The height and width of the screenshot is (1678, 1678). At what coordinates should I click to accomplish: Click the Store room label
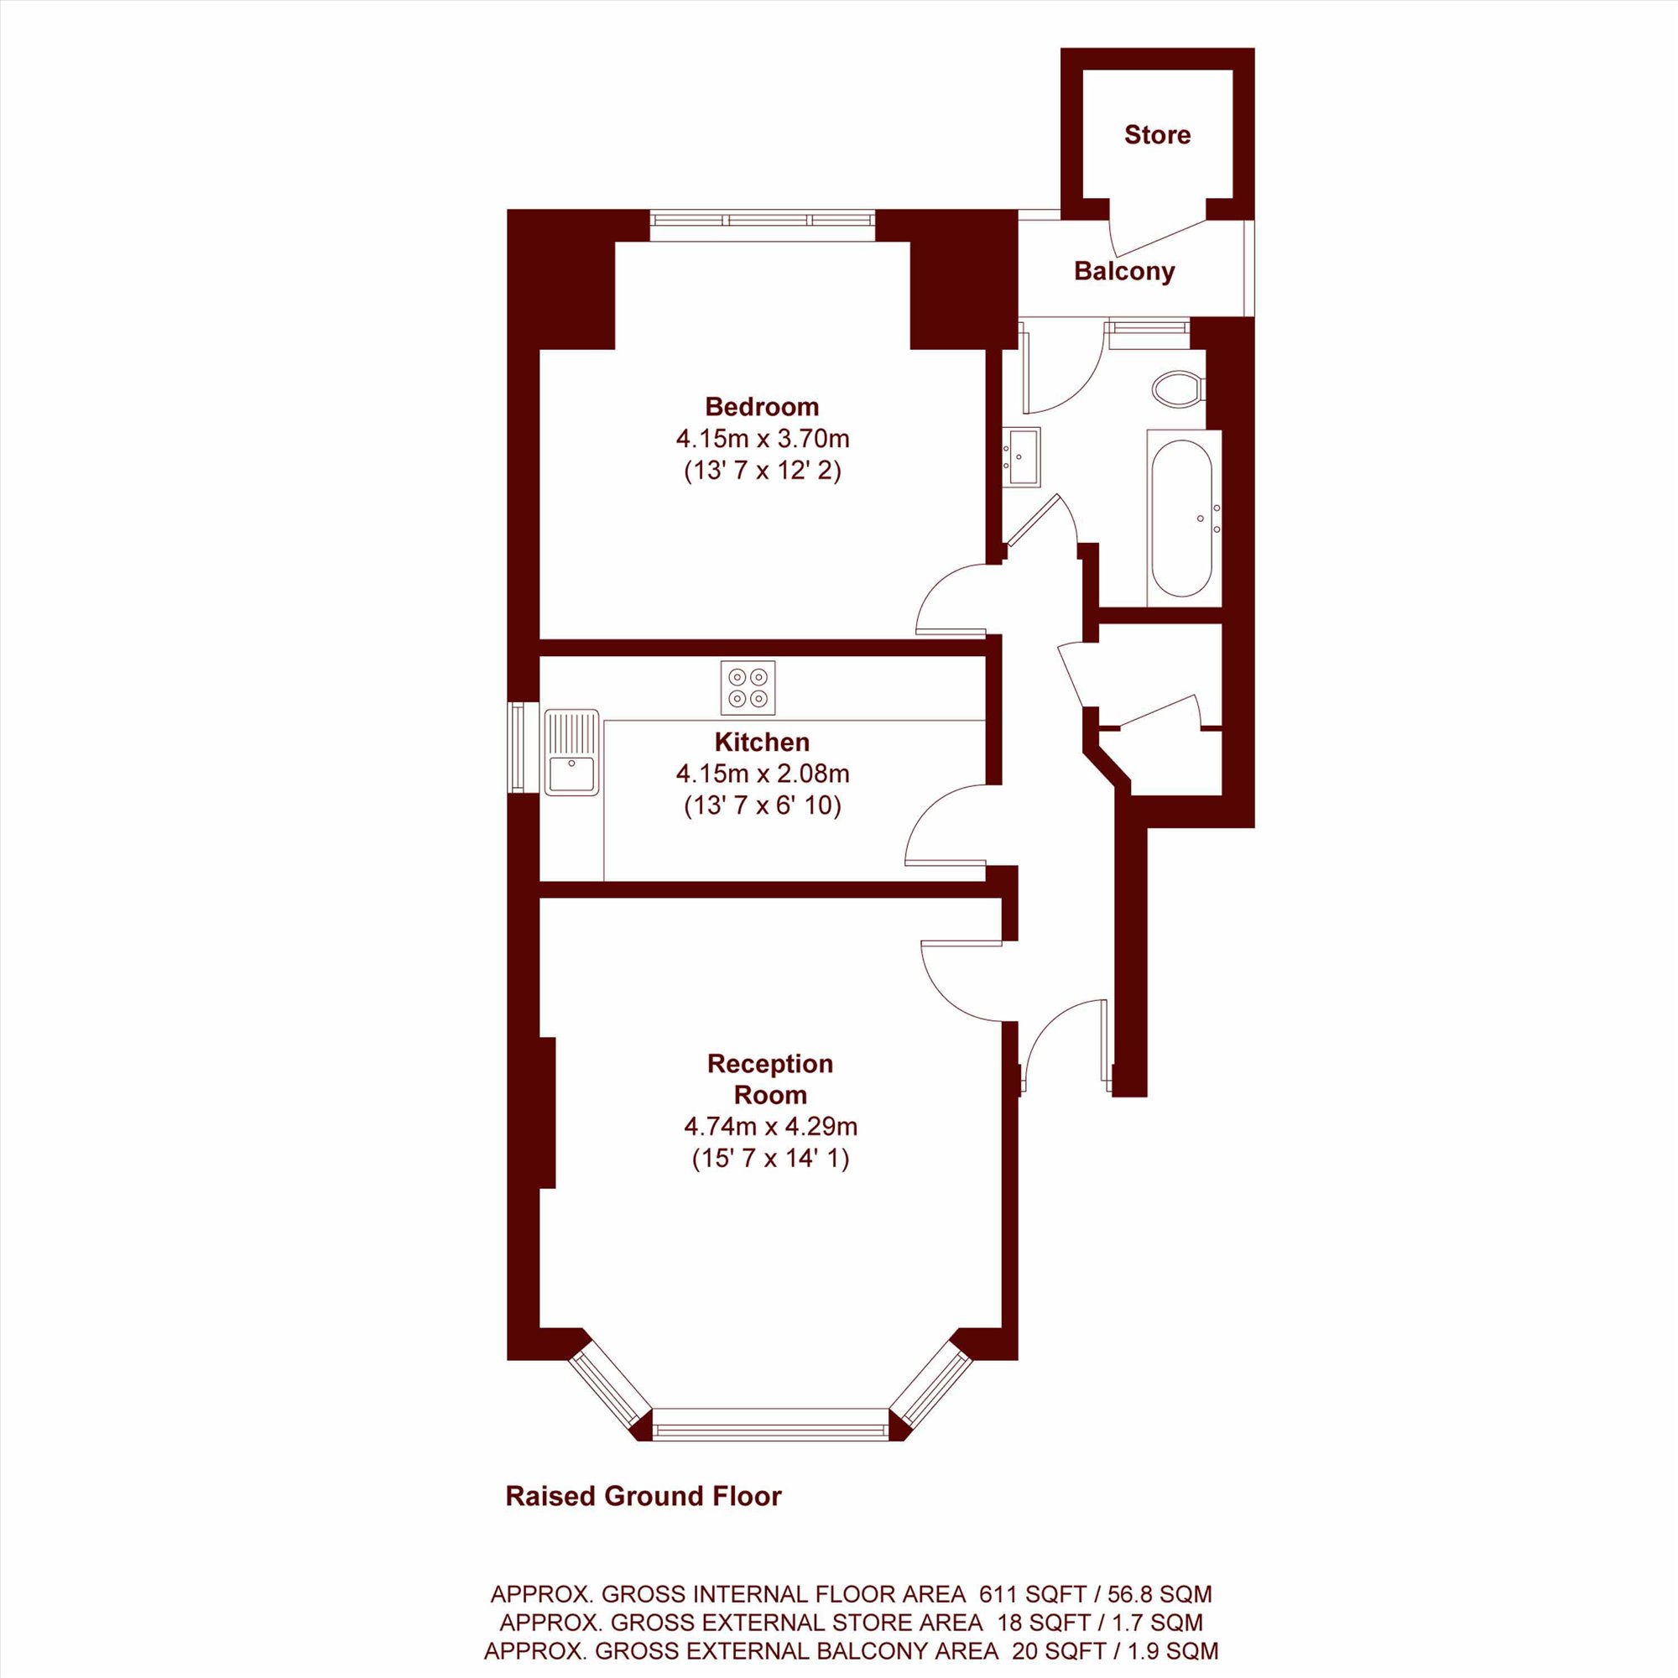click(x=1157, y=134)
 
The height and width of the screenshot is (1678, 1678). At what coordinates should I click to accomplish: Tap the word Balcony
click(x=1124, y=271)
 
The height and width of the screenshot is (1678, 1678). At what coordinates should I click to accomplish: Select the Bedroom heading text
click(x=762, y=406)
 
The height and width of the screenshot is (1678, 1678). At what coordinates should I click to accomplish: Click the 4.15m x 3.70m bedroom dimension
click(x=763, y=438)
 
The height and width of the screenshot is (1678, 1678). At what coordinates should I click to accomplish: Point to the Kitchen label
click(x=762, y=742)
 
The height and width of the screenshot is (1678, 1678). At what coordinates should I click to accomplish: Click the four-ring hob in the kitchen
click(x=748, y=687)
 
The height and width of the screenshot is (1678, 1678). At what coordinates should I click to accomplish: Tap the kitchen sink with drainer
click(x=571, y=752)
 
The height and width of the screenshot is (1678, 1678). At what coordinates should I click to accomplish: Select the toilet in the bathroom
click(x=1178, y=388)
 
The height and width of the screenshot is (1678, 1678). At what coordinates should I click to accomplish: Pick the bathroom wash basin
click(x=1022, y=455)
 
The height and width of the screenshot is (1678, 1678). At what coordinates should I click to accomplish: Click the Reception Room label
click(x=769, y=1079)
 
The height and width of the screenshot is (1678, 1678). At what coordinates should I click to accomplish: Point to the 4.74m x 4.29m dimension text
click(x=770, y=1127)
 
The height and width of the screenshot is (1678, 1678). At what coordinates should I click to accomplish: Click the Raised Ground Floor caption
click(x=644, y=1496)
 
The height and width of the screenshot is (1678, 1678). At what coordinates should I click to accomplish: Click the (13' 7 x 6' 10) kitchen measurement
click(x=763, y=806)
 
